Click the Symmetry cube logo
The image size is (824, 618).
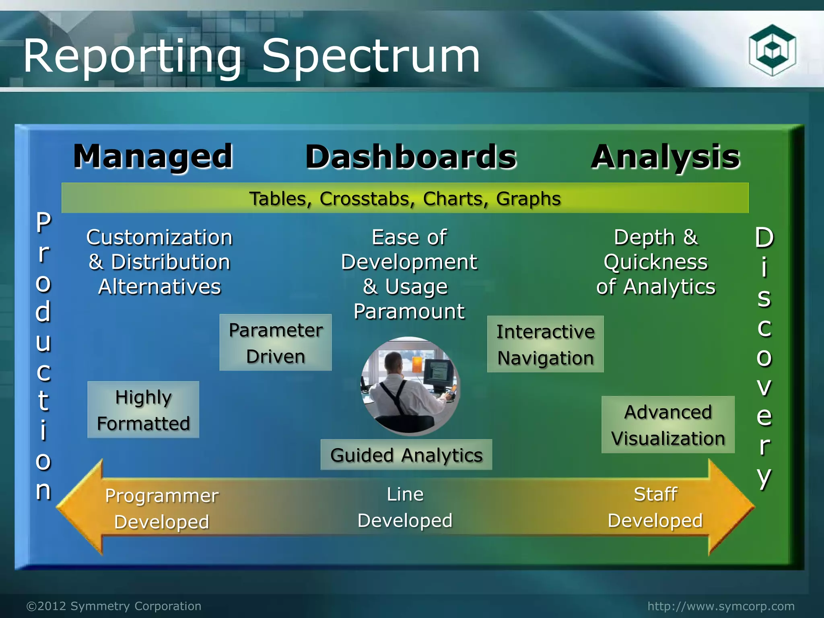pos(772,50)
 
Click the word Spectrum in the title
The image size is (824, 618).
pos(371,56)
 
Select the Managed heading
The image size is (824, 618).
pos(153,157)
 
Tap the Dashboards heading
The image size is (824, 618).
pos(411,157)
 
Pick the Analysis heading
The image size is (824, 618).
pos(665,157)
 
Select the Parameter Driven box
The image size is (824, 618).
pos(276,343)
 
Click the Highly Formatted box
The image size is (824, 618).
pos(143,410)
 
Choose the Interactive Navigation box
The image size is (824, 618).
pos(545,344)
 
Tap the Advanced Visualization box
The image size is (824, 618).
pos(668,425)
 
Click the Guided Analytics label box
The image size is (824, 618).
pos(406,455)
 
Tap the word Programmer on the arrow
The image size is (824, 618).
pos(162,496)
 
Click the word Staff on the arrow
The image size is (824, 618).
pos(655,494)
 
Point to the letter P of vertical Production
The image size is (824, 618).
pos(43,222)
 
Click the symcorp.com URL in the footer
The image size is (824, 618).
pos(721,606)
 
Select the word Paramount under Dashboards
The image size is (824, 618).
pos(409,311)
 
